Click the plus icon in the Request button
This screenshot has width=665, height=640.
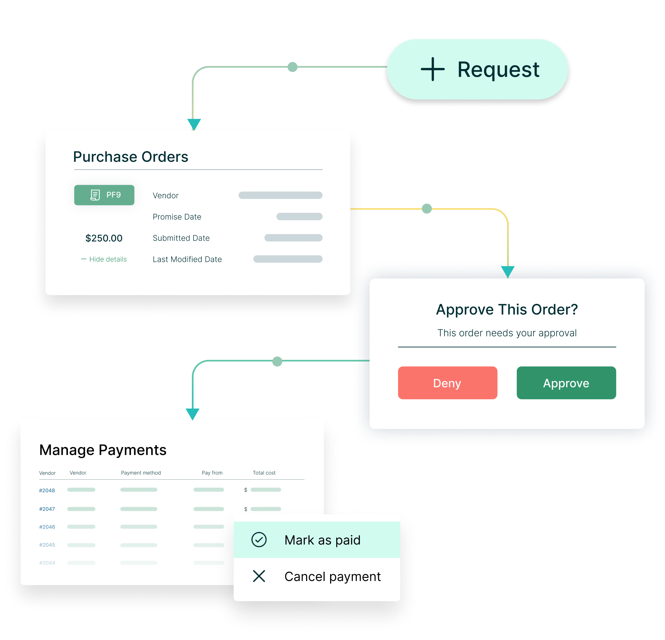433,69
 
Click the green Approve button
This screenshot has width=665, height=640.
566,383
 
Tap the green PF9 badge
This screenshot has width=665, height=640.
104,195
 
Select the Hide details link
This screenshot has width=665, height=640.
104,259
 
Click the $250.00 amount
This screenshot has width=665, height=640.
104,238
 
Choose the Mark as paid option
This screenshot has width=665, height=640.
317,540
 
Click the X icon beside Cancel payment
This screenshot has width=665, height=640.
259,576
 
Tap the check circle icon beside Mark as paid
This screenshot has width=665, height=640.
259,540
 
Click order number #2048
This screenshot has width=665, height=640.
47,490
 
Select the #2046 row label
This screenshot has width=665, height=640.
47,527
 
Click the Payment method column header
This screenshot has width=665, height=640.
141,473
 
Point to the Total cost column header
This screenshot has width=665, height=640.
264,473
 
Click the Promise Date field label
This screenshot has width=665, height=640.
177,217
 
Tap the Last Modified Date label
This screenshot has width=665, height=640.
187,259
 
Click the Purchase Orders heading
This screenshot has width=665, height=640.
131,157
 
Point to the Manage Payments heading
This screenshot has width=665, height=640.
103,450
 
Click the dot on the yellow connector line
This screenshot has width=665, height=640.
427,208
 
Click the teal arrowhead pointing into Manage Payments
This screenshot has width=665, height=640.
192,414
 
